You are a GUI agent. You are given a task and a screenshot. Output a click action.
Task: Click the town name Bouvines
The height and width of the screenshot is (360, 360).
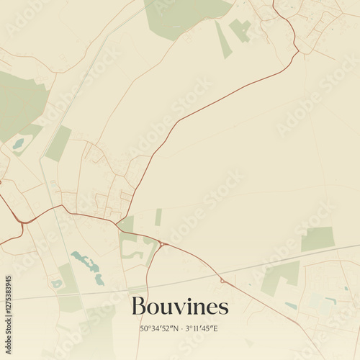click(180, 307)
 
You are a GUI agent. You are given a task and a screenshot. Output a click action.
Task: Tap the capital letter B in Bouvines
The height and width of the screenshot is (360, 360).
click(138, 307)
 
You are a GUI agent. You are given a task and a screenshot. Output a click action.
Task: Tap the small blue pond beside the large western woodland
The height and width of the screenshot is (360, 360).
click(18, 144)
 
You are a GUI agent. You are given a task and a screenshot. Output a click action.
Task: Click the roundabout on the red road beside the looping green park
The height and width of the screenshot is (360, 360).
click(163, 246)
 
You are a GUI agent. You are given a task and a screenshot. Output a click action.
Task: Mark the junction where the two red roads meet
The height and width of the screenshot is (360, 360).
click(117, 222)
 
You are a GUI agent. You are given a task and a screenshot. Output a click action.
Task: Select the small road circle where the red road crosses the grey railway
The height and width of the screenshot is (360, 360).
click(222, 280)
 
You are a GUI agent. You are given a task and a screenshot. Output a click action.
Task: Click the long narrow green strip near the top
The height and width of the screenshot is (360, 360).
click(223, 40)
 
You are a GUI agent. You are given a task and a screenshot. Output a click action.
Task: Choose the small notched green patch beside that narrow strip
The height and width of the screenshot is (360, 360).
click(240, 30)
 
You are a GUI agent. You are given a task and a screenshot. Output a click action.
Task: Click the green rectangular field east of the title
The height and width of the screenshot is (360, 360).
click(318, 239)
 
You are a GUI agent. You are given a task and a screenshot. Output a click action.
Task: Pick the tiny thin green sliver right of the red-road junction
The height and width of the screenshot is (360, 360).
click(158, 217)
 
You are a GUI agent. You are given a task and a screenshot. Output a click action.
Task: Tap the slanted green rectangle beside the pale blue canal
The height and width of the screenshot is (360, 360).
click(58, 143)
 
